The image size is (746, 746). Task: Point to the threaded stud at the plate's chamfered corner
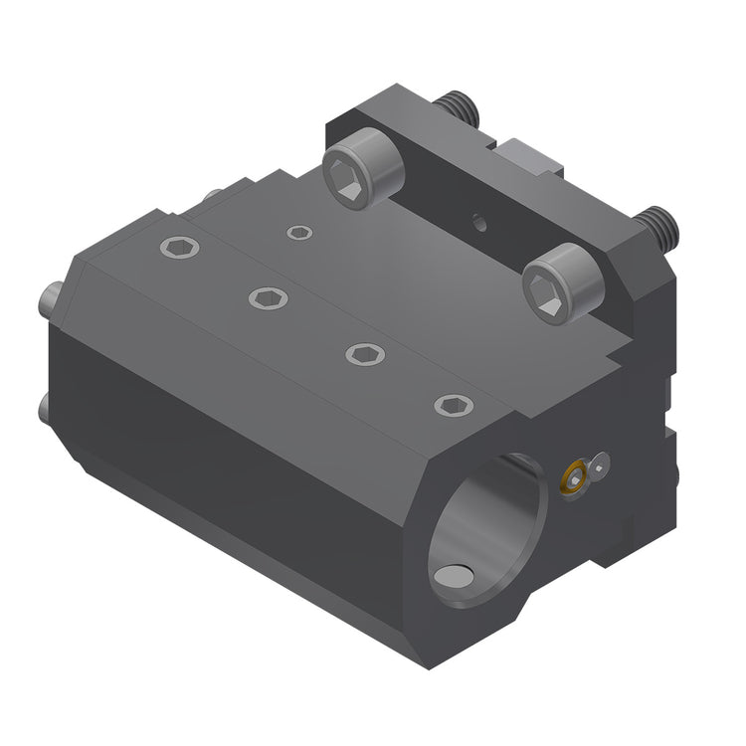click(657, 226)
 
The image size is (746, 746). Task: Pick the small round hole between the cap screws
click(481, 222)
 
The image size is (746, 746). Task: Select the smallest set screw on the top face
click(298, 233)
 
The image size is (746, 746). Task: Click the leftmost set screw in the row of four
click(179, 249)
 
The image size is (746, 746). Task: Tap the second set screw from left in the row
click(268, 297)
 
